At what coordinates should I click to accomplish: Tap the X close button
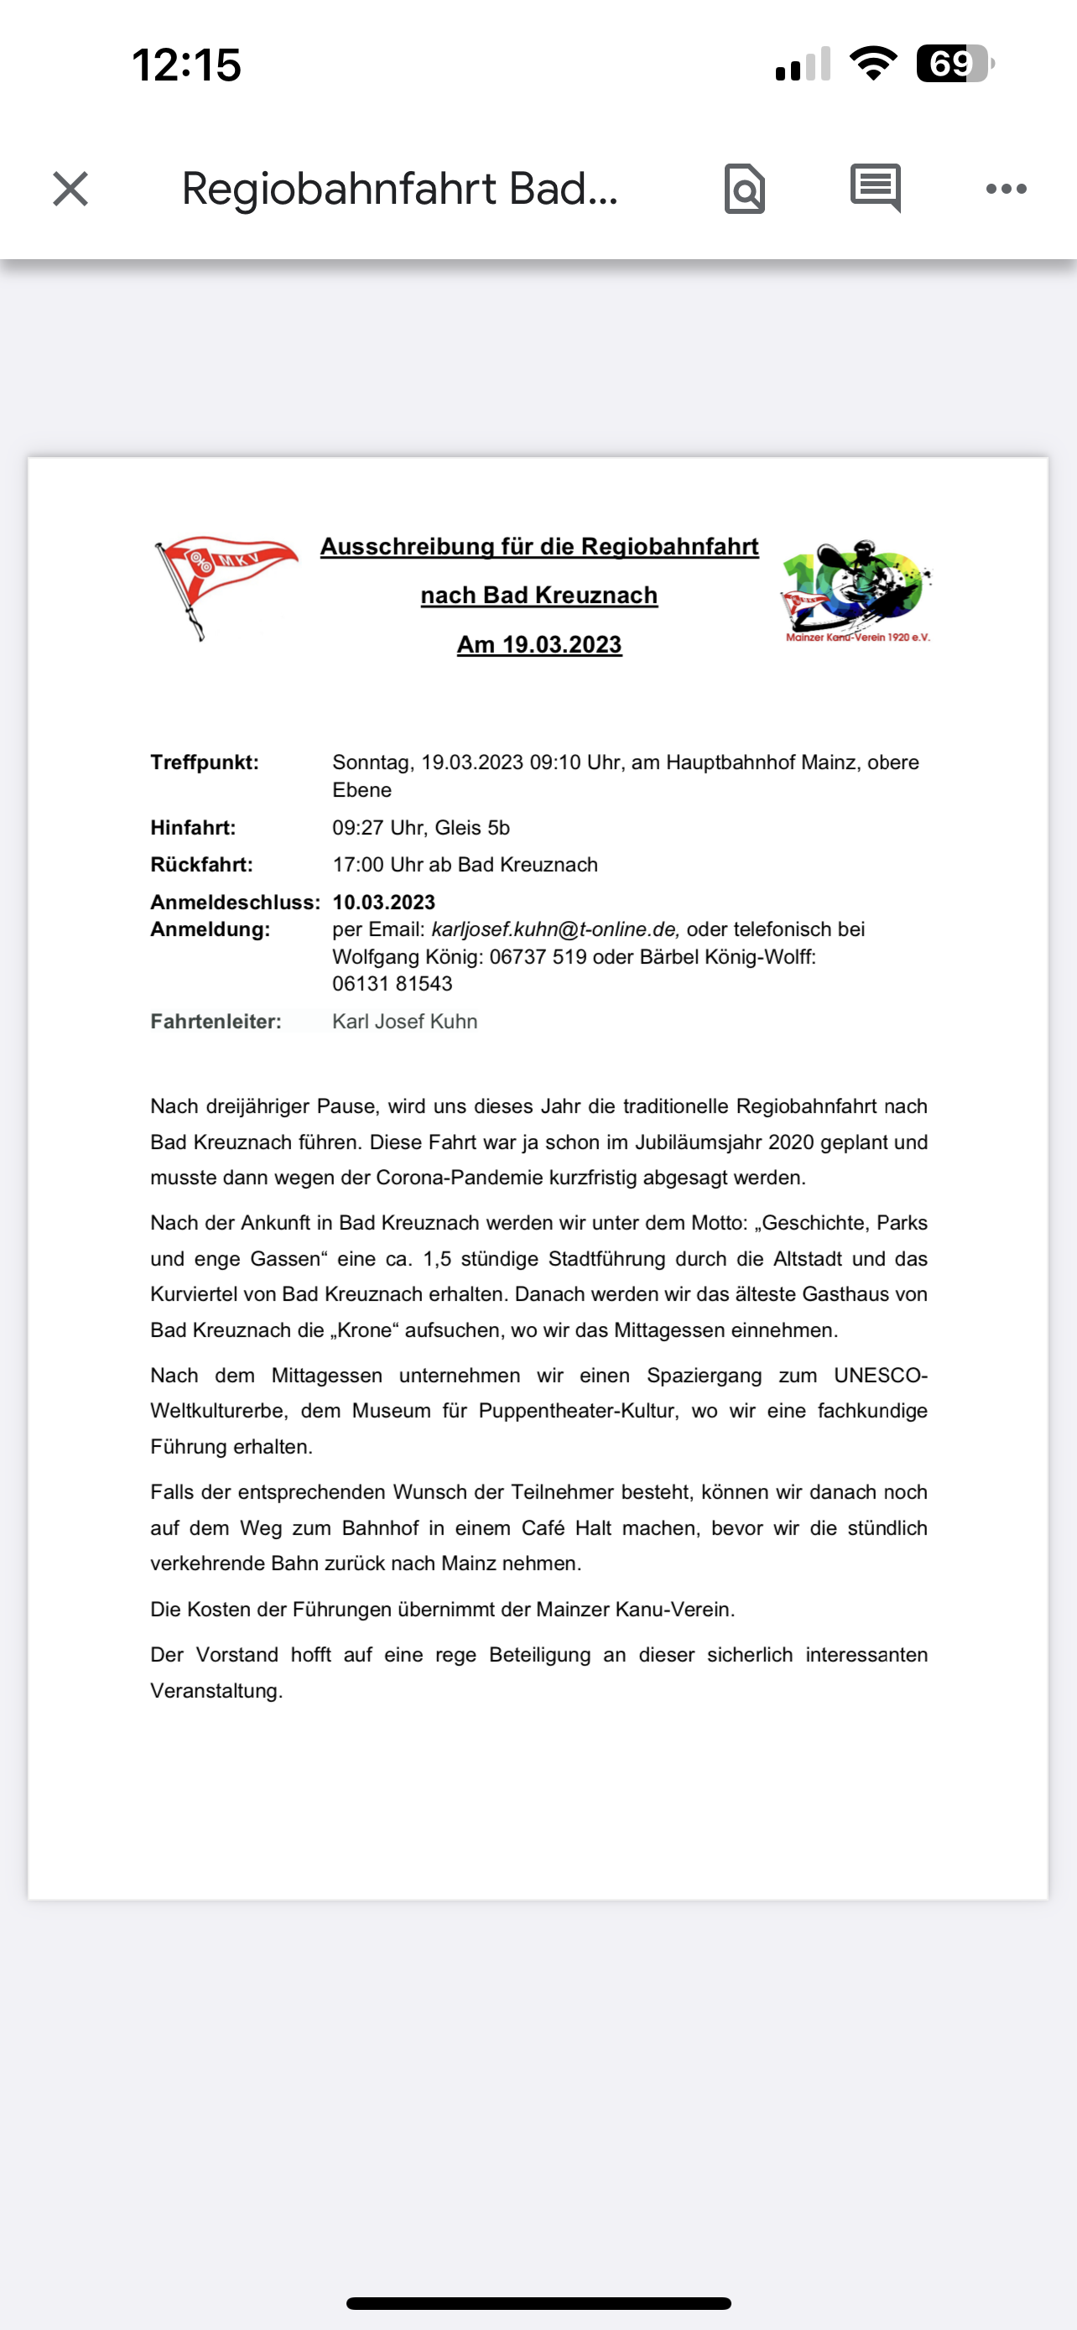pos(70,189)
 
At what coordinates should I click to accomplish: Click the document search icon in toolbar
pos(744,189)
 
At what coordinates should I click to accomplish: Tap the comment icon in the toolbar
pos(875,187)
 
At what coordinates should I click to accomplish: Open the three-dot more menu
pos(1006,189)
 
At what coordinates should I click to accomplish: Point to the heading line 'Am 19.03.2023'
pos(539,645)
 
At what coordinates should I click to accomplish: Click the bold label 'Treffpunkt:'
pos(205,762)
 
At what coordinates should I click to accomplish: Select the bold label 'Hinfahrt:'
pos(193,828)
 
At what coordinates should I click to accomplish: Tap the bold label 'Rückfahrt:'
pos(200,865)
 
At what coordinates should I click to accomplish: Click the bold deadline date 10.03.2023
pos(383,902)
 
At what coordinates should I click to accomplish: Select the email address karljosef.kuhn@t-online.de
pos(554,930)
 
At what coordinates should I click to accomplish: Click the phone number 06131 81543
pos(392,984)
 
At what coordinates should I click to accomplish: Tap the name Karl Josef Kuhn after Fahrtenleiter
pos(404,1022)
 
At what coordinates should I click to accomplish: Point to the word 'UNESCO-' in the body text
pos(880,1376)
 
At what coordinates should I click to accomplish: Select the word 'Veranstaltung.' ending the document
pos(216,1691)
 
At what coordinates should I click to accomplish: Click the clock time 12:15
pos(186,65)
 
